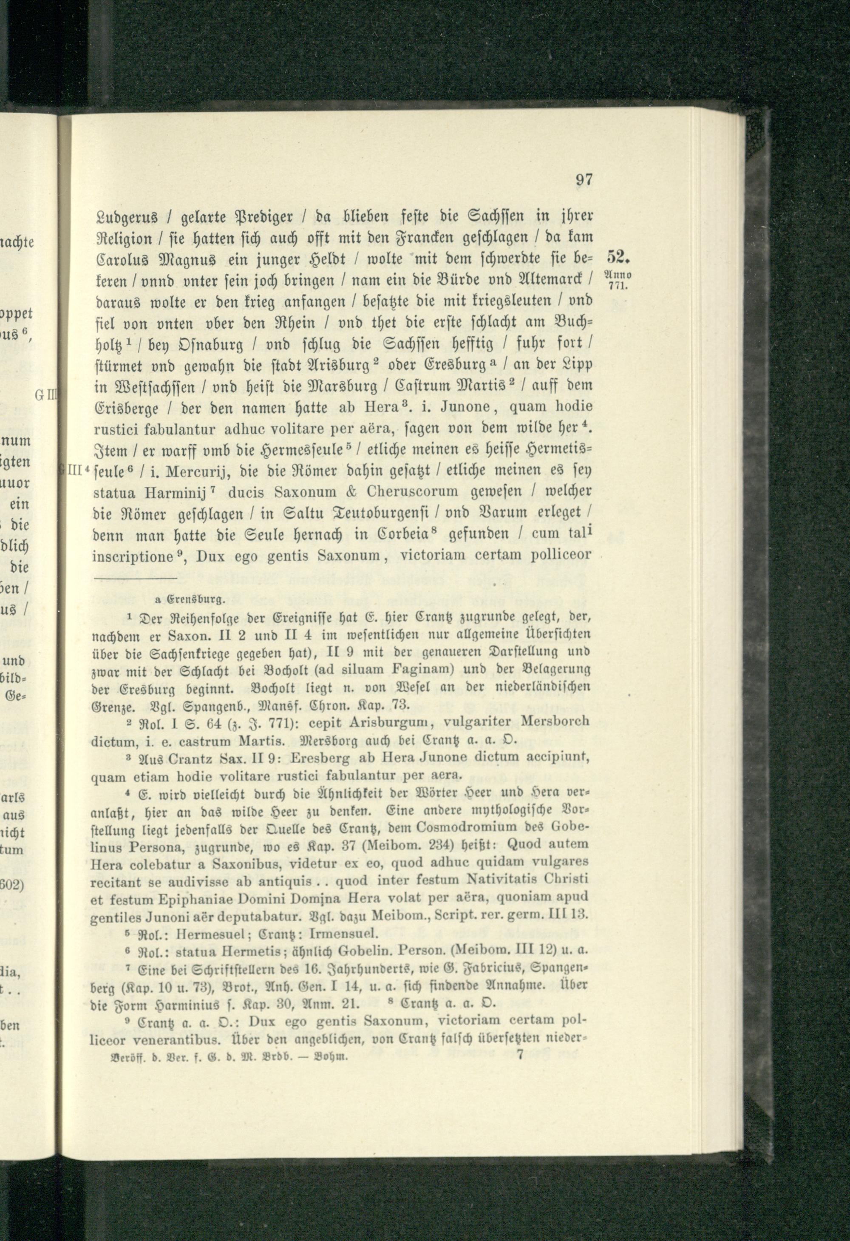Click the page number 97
[x=582, y=180]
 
